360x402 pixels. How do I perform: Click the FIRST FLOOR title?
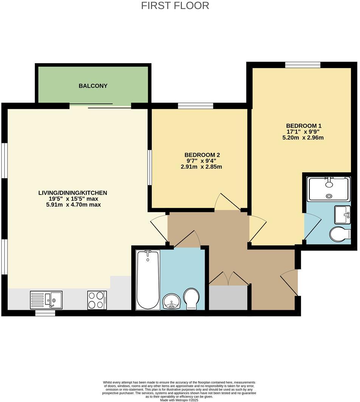(175, 6)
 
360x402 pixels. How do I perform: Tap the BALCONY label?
(93, 86)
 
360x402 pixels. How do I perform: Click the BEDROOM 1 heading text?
(304, 125)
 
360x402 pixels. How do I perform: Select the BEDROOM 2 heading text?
(202, 155)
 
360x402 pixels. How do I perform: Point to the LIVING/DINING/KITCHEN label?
(73, 193)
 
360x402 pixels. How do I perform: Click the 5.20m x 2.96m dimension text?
(304, 138)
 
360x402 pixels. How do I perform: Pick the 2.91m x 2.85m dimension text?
(201, 167)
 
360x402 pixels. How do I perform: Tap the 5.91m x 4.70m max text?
(73, 205)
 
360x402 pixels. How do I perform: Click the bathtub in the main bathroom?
(147, 280)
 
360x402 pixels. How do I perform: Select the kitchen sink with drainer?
(46, 300)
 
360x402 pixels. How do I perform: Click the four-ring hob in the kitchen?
(97, 300)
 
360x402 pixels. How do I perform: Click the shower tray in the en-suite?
(329, 189)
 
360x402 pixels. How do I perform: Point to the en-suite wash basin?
(343, 215)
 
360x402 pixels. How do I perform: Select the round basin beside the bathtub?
(172, 301)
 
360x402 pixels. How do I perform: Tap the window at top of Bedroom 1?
(303, 65)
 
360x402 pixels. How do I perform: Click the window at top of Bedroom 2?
(196, 106)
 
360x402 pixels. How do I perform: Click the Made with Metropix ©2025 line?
(179, 400)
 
